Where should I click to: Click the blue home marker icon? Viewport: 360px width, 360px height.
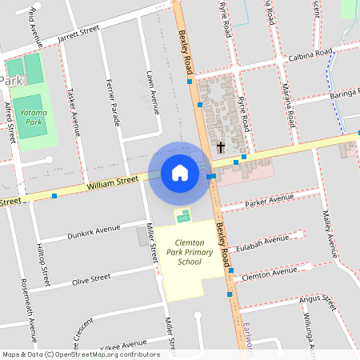click(x=179, y=173)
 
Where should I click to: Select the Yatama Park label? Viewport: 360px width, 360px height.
click(x=34, y=119)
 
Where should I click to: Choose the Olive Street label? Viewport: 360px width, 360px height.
click(x=91, y=279)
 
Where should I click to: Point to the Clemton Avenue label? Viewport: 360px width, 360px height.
click(x=268, y=272)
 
